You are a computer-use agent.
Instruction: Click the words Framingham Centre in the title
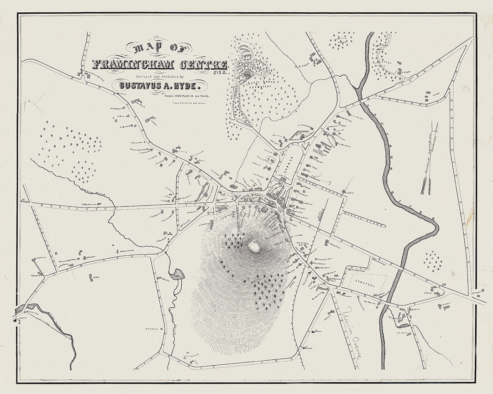tap(160, 64)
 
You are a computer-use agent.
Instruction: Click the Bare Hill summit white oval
tap(254, 247)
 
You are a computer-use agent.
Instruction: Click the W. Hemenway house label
tap(126, 250)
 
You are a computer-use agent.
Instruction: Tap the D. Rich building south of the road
tap(95, 278)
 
